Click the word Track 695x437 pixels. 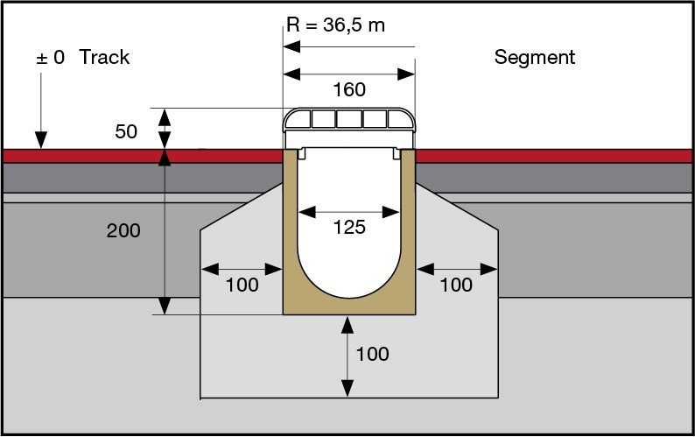(x=104, y=58)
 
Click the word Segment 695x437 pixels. (x=535, y=58)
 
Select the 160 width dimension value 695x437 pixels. (x=348, y=89)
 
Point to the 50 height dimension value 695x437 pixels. (x=126, y=132)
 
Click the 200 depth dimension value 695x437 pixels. (x=123, y=231)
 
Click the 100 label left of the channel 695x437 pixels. (x=242, y=285)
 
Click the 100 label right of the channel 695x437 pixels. (x=455, y=285)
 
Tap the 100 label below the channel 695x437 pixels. (x=372, y=355)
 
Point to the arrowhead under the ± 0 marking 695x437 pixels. (x=39, y=141)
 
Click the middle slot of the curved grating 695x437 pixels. (x=348, y=119)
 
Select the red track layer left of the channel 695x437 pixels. (x=140, y=156)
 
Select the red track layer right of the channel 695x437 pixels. (x=551, y=156)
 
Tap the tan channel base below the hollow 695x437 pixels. (x=348, y=306)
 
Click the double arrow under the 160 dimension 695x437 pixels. (x=348, y=74)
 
